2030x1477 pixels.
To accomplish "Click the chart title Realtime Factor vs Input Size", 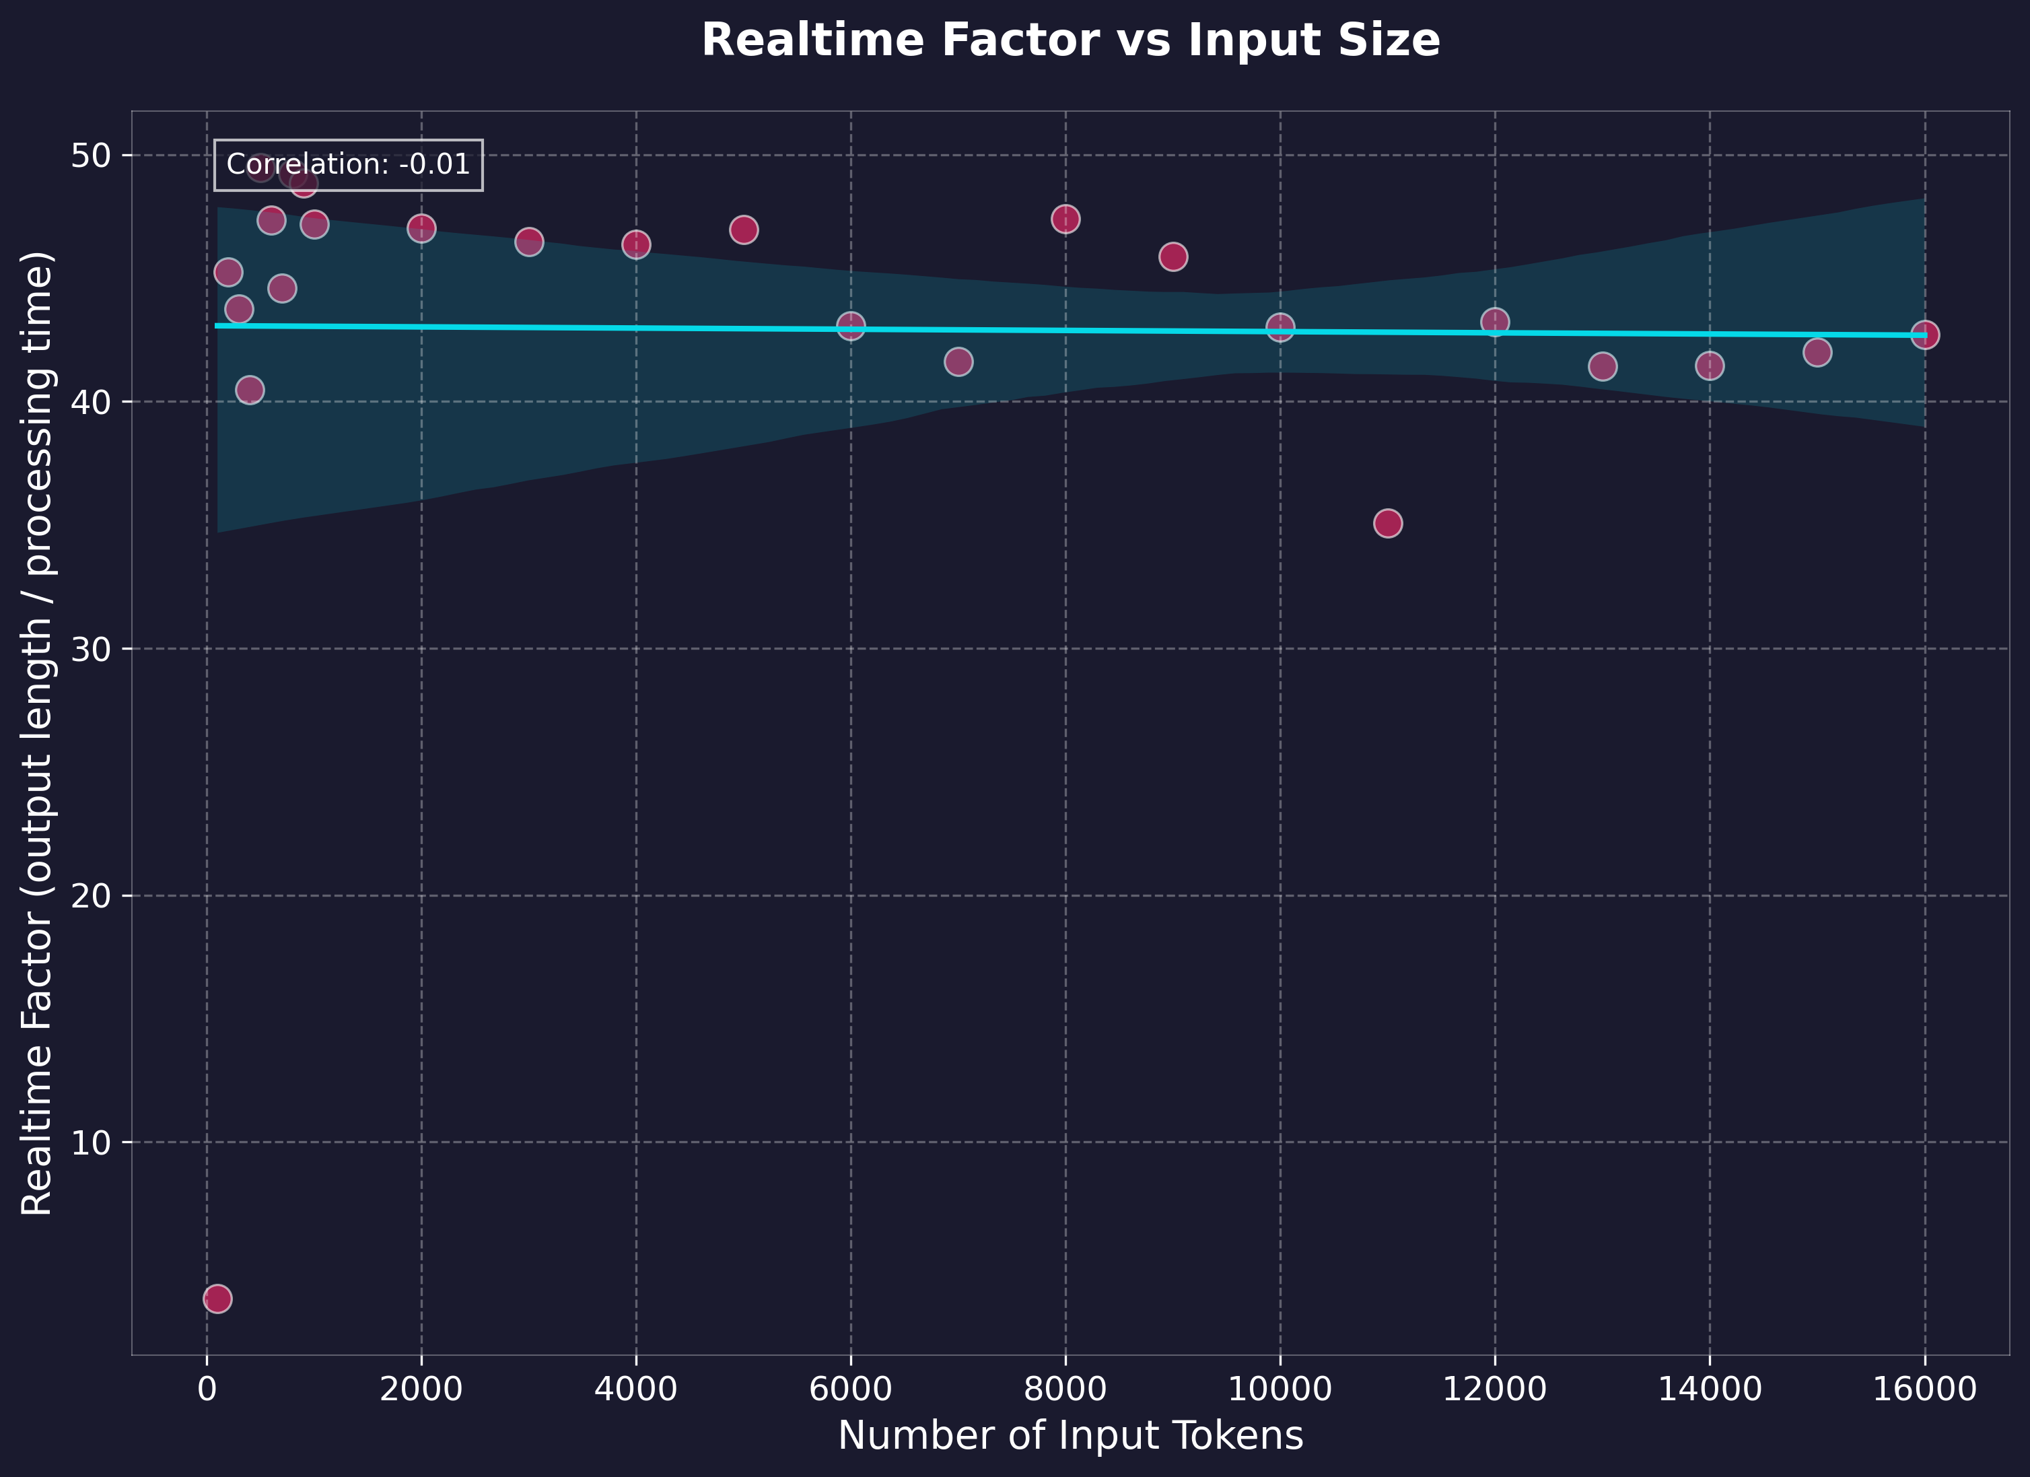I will tap(1070, 41).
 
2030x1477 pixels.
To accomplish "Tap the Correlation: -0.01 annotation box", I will tap(348, 165).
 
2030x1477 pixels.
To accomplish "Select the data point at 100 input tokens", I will tap(217, 1298).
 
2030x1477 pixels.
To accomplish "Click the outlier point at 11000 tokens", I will tap(1387, 523).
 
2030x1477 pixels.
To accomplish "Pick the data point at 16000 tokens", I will tap(1924, 335).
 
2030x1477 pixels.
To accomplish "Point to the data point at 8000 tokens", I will tap(1065, 219).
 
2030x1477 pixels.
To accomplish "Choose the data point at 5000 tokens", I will tap(744, 230).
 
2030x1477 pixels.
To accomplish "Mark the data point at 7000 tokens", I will tap(958, 362).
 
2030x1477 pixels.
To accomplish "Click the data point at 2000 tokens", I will tap(421, 228).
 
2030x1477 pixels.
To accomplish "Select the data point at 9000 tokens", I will tap(1172, 257).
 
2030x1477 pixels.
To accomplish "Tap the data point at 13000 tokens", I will tap(1602, 366).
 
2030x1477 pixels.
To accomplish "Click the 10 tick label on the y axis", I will tap(89, 1143).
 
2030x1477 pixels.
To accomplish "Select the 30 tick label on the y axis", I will tap(89, 649).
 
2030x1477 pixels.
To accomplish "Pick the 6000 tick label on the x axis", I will tap(850, 1389).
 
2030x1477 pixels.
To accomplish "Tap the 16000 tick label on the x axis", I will tap(1924, 1389).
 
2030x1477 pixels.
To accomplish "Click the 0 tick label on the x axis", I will tap(207, 1389).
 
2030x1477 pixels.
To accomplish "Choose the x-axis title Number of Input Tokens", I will tap(1070, 1437).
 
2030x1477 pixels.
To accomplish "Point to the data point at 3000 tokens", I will tap(529, 242).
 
